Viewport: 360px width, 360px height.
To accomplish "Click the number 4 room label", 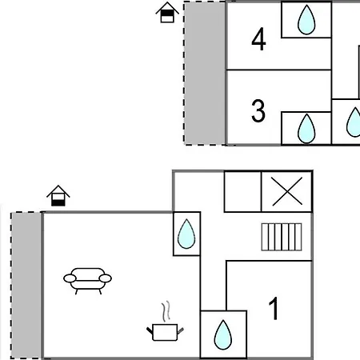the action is click(258, 39).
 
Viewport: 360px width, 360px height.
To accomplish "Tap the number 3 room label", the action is click(258, 110).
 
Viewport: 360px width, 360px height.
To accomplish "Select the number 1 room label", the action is click(274, 308).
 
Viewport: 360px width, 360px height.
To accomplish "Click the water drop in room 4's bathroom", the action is click(306, 20).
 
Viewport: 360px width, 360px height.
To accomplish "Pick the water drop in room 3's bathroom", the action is click(306, 129).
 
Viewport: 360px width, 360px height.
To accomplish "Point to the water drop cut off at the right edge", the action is click(354, 122).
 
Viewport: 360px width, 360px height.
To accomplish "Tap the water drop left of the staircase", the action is click(186, 234).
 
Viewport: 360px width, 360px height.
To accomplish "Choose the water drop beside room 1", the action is click(223, 335).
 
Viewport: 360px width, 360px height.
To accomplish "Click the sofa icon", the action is click(87, 281).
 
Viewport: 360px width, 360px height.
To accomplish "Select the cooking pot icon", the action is click(165, 332).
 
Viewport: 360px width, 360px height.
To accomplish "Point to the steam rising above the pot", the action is click(166, 311).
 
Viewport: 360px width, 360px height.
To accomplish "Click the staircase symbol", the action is click(282, 237).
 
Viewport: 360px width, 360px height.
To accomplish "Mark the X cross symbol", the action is click(287, 191).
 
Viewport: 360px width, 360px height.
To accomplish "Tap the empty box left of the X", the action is click(242, 192).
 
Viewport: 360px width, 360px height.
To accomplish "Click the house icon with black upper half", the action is click(167, 12).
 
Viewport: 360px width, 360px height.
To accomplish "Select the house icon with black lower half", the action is click(58, 196).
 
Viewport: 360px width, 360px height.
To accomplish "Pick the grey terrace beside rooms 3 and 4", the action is click(205, 74).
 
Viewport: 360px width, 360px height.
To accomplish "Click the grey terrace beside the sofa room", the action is click(26, 286).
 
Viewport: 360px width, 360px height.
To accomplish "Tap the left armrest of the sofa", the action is click(70, 278).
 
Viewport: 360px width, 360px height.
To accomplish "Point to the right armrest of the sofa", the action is click(105, 278).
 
